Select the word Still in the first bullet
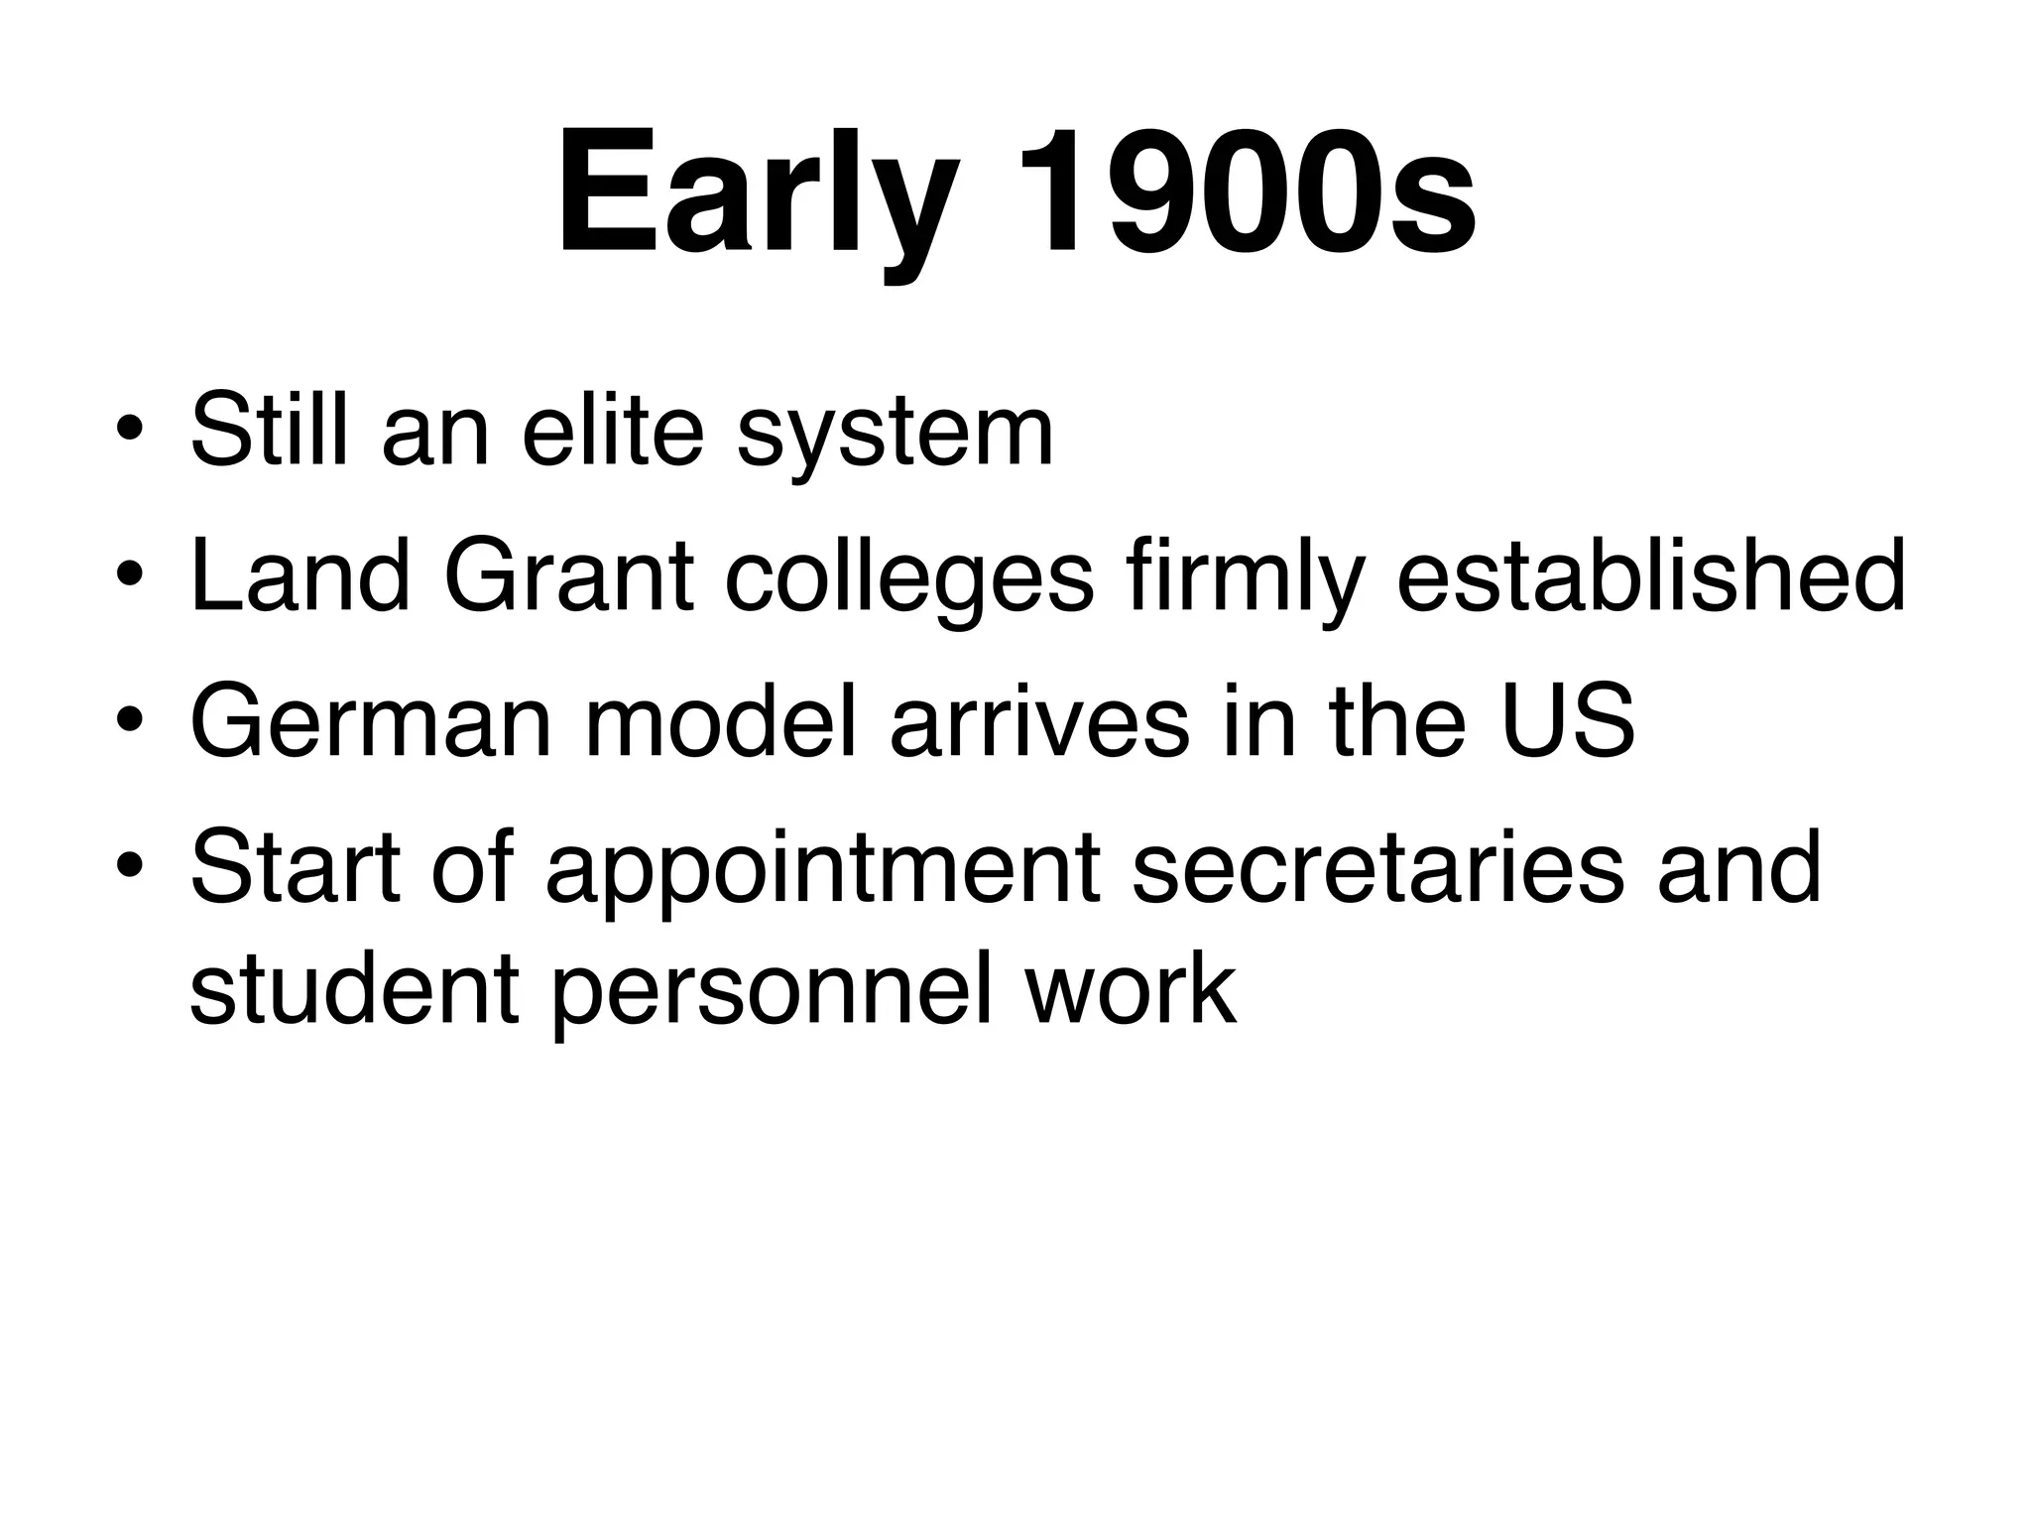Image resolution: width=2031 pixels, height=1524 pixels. [269, 431]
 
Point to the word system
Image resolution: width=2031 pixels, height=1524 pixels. [895, 437]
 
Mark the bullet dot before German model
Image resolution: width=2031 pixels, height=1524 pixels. [130, 723]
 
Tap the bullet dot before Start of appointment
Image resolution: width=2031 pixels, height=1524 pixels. [130, 869]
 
